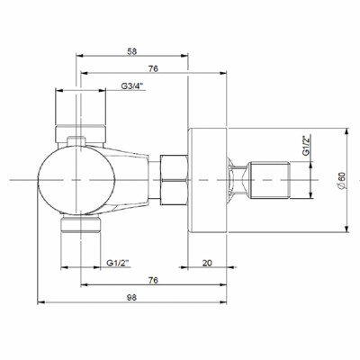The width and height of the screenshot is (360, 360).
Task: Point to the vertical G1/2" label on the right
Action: [306, 146]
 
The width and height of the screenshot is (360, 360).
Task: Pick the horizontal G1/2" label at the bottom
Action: [119, 262]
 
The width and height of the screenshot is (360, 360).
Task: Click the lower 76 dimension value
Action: [155, 279]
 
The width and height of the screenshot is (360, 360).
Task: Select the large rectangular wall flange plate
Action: [207, 180]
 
